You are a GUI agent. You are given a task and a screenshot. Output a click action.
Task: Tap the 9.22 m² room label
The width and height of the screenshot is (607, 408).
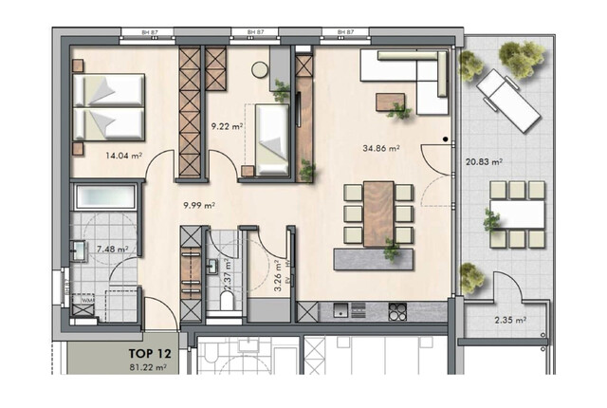(228, 124)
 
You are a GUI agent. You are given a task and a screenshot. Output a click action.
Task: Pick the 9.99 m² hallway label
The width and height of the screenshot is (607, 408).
(199, 204)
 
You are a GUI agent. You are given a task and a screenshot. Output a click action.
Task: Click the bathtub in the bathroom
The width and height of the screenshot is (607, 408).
(106, 198)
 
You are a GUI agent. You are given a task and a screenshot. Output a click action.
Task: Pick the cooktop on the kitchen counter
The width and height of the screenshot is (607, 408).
(395, 309)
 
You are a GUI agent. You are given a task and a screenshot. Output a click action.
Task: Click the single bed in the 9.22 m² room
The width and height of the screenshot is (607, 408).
(269, 140)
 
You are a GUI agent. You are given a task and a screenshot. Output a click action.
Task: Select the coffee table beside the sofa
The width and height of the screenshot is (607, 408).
(391, 102)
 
